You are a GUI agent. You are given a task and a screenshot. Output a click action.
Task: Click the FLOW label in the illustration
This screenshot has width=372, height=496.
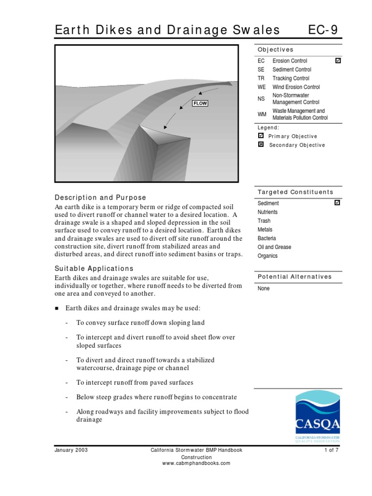click(200, 103)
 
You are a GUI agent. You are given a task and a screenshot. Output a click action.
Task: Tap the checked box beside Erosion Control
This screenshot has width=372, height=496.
click(338, 61)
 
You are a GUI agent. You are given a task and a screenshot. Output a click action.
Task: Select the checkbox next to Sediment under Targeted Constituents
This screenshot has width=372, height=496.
click(338, 203)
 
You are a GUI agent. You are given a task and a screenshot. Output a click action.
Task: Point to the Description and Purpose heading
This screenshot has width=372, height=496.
click(100, 198)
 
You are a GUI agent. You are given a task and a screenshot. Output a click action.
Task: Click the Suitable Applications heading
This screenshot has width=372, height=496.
click(94, 268)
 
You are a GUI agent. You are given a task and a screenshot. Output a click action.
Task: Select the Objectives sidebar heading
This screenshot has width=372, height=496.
click(275, 49)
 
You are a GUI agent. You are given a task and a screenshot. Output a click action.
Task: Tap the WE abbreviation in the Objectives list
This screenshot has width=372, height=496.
click(262, 87)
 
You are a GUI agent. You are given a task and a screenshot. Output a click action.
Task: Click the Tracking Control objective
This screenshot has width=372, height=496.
click(291, 78)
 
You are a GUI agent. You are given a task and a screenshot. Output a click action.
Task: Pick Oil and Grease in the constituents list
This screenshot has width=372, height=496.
click(275, 247)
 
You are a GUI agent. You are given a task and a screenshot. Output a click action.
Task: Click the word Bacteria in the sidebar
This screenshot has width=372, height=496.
click(267, 238)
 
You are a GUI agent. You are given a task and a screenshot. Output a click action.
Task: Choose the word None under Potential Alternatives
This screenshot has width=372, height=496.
click(264, 289)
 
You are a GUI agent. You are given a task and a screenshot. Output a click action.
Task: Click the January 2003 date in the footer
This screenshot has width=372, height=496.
click(71, 450)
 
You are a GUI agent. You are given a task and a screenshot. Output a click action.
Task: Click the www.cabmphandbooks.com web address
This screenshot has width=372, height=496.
click(196, 463)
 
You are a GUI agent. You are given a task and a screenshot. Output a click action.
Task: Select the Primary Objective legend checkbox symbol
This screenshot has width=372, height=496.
click(261, 136)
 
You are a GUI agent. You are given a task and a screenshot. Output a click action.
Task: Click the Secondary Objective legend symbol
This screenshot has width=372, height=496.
click(261, 145)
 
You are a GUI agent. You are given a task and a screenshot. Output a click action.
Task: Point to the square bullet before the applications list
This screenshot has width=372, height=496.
click(57, 309)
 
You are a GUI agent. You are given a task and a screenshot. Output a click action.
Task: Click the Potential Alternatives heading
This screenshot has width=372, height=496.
click(294, 277)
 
